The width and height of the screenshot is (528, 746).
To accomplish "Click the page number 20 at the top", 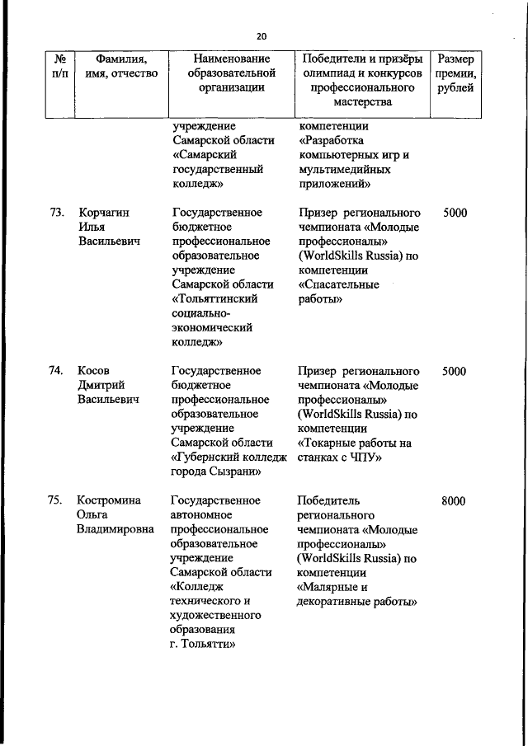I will tap(262, 36).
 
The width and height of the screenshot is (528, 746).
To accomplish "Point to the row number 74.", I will tap(56, 371).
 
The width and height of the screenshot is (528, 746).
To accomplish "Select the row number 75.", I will tap(56, 500).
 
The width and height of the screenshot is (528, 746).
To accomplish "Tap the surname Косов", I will tap(93, 371).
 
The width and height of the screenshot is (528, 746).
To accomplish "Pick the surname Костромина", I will tap(109, 500).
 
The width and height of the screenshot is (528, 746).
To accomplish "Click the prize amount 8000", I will tap(454, 500).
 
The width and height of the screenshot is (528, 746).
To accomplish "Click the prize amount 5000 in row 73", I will tap(454, 213).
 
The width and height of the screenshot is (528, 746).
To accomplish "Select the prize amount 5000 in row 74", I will tap(454, 371).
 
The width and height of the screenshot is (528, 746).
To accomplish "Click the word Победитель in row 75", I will tap(331, 500).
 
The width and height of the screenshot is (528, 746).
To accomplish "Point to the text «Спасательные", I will tap(338, 284).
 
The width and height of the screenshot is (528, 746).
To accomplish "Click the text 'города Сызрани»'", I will tap(216, 472).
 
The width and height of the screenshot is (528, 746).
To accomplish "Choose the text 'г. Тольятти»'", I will tap(203, 645).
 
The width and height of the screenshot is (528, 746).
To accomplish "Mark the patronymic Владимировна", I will tap(115, 529).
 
